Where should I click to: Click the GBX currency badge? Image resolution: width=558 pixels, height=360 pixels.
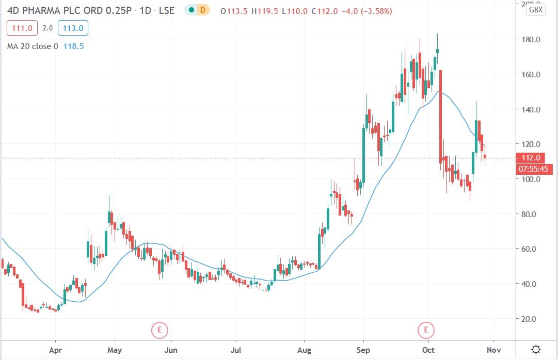(x=537, y=10)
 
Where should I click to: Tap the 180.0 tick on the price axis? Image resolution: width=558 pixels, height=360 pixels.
(x=531, y=40)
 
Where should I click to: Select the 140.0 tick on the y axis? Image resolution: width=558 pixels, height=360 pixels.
(x=531, y=109)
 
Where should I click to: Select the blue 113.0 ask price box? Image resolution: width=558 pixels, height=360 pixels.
(x=73, y=28)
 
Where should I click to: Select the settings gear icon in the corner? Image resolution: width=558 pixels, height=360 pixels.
(x=536, y=349)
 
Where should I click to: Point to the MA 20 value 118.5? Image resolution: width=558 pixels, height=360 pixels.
(x=73, y=46)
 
